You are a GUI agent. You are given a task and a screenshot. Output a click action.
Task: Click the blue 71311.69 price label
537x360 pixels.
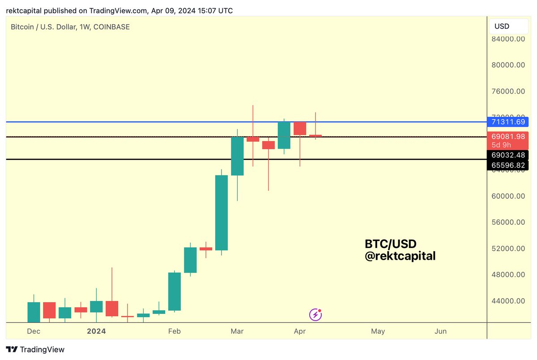click(x=507, y=122)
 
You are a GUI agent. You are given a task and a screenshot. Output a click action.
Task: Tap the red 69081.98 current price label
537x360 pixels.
click(x=507, y=137)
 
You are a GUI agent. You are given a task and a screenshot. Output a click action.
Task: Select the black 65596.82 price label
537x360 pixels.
click(x=507, y=165)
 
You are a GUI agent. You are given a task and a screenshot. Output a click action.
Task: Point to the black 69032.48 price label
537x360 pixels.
click(x=507, y=155)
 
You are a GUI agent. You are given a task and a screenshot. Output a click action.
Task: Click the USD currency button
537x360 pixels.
click(x=502, y=26)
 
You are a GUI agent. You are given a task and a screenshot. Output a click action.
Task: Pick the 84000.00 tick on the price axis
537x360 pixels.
click(x=507, y=39)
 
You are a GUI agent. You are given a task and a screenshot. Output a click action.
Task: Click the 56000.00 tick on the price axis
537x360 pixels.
click(x=507, y=222)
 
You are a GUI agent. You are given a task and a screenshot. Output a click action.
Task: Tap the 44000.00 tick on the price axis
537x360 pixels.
click(x=507, y=301)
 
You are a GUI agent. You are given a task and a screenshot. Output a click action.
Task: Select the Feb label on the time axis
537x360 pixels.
click(x=174, y=331)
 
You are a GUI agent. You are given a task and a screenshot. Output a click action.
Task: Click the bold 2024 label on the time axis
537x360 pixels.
click(x=96, y=331)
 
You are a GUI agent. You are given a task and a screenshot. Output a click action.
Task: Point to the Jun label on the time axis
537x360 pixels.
click(x=441, y=331)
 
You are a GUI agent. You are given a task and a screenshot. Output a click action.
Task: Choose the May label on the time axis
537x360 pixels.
click(x=378, y=331)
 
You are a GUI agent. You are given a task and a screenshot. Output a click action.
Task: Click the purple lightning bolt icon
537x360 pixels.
click(x=315, y=315)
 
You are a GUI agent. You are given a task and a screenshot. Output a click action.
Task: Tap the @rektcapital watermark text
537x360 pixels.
click(x=400, y=256)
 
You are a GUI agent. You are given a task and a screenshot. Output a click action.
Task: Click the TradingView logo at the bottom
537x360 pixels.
click(x=35, y=350)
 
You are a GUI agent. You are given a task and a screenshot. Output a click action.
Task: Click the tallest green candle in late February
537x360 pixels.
click(x=222, y=213)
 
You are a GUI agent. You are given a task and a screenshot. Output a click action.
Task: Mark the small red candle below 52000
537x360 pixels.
click(x=206, y=249)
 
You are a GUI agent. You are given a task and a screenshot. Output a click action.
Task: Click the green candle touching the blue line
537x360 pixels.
click(x=284, y=135)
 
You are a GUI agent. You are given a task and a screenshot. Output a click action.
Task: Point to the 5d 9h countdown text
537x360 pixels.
click(x=501, y=145)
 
